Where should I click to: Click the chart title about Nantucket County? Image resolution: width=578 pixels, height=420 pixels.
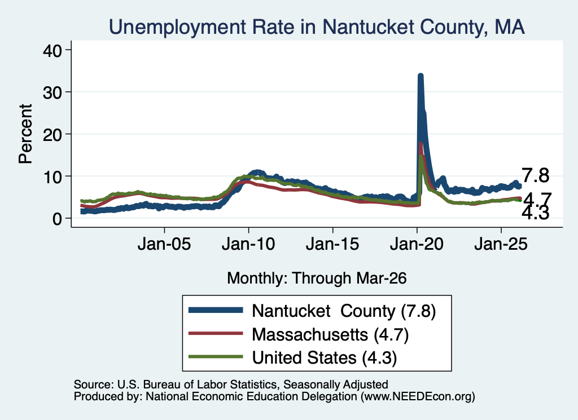pos(317,27)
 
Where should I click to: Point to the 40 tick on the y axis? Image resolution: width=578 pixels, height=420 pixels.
pos(52,50)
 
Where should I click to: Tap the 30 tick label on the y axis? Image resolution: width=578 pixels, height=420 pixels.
pos(52,92)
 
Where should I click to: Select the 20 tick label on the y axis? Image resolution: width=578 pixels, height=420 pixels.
pos(52,134)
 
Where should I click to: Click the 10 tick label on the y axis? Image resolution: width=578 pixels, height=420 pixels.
pos(52,176)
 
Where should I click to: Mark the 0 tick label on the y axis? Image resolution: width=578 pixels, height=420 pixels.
pos(57,219)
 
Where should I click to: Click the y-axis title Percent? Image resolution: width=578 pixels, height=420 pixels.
pos(25,134)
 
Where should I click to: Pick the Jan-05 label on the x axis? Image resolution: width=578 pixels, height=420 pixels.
pos(164,244)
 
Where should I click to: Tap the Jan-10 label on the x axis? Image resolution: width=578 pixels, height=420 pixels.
pos(248,244)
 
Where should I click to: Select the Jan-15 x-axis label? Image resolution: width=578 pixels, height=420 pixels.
pos(332,244)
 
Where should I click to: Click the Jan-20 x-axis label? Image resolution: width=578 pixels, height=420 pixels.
pos(417,244)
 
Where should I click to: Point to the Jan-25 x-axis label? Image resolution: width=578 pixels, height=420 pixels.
pos(501,244)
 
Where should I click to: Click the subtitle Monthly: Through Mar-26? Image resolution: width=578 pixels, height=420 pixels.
pos(317,278)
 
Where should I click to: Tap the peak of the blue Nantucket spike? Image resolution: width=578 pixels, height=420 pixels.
pos(420,76)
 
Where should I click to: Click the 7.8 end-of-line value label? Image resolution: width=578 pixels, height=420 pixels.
pos(535,175)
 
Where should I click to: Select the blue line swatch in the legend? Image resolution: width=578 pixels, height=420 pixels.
pos(216,310)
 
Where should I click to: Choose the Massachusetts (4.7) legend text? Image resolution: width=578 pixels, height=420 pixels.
pos(330,334)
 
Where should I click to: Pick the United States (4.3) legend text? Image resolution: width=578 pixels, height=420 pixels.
pos(325,357)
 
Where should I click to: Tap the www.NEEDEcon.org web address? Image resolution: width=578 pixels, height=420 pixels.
pos(418,396)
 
